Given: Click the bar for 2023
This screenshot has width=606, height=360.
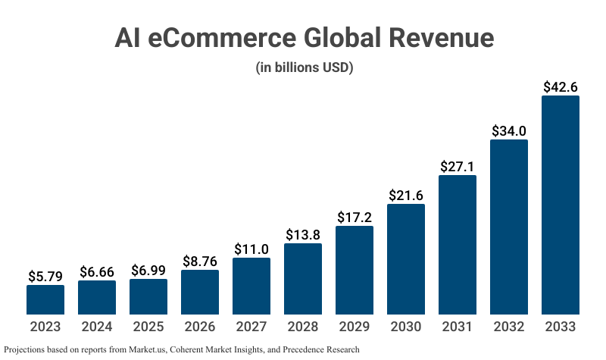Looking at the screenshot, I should pyautogui.click(x=45, y=299).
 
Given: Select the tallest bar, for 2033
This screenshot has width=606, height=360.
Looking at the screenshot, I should pyautogui.click(x=561, y=205).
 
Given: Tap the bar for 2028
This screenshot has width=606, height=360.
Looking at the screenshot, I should pyautogui.click(x=303, y=279).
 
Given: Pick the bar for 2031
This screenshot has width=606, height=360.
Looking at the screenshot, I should pyautogui.click(x=458, y=245).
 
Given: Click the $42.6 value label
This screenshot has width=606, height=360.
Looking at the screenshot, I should pyautogui.click(x=561, y=86).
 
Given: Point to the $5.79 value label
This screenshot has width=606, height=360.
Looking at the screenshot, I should pyautogui.click(x=45, y=277).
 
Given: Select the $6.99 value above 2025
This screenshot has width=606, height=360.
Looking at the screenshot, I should pyautogui.click(x=148, y=271).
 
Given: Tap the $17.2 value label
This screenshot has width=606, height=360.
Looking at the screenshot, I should pyautogui.click(x=355, y=217).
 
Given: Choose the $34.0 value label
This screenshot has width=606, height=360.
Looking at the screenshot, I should pyautogui.click(x=509, y=130).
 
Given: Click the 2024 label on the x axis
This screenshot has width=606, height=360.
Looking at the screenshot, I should pyautogui.click(x=97, y=327).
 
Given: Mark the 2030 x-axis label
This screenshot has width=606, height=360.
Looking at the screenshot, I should pyautogui.click(x=406, y=327).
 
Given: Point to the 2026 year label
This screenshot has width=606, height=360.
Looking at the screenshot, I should pyautogui.click(x=200, y=327).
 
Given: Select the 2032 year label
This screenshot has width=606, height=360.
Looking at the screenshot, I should pyautogui.click(x=509, y=327).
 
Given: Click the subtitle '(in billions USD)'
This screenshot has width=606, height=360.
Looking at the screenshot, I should pyautogui.click(x=305, y=68).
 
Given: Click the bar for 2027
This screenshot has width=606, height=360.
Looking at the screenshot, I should pyautogui.click(x=251, y=286).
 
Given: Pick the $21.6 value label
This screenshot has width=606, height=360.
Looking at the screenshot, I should pyautogui.click(x=406, y=195).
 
